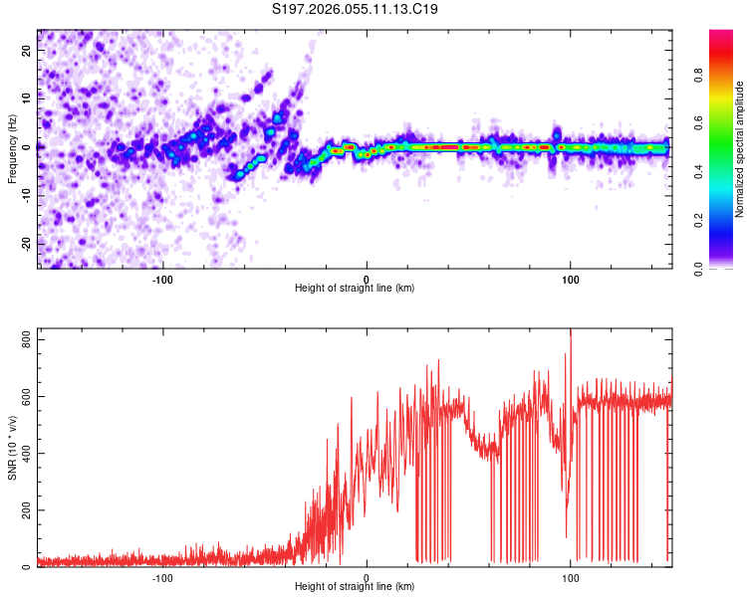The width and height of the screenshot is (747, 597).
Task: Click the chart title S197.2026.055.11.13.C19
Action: tap(356, 9)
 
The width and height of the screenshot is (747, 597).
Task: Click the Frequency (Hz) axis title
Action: tap(13, 149)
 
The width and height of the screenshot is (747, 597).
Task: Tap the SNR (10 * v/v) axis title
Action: tap(13, 448)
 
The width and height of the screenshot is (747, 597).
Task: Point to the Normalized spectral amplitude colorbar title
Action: tap(740, 149)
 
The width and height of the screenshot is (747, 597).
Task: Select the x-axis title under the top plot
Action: tap(355, 288)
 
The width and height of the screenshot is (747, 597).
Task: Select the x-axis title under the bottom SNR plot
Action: tap(355, 587)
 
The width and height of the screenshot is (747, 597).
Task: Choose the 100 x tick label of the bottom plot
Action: tap(571, 578)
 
